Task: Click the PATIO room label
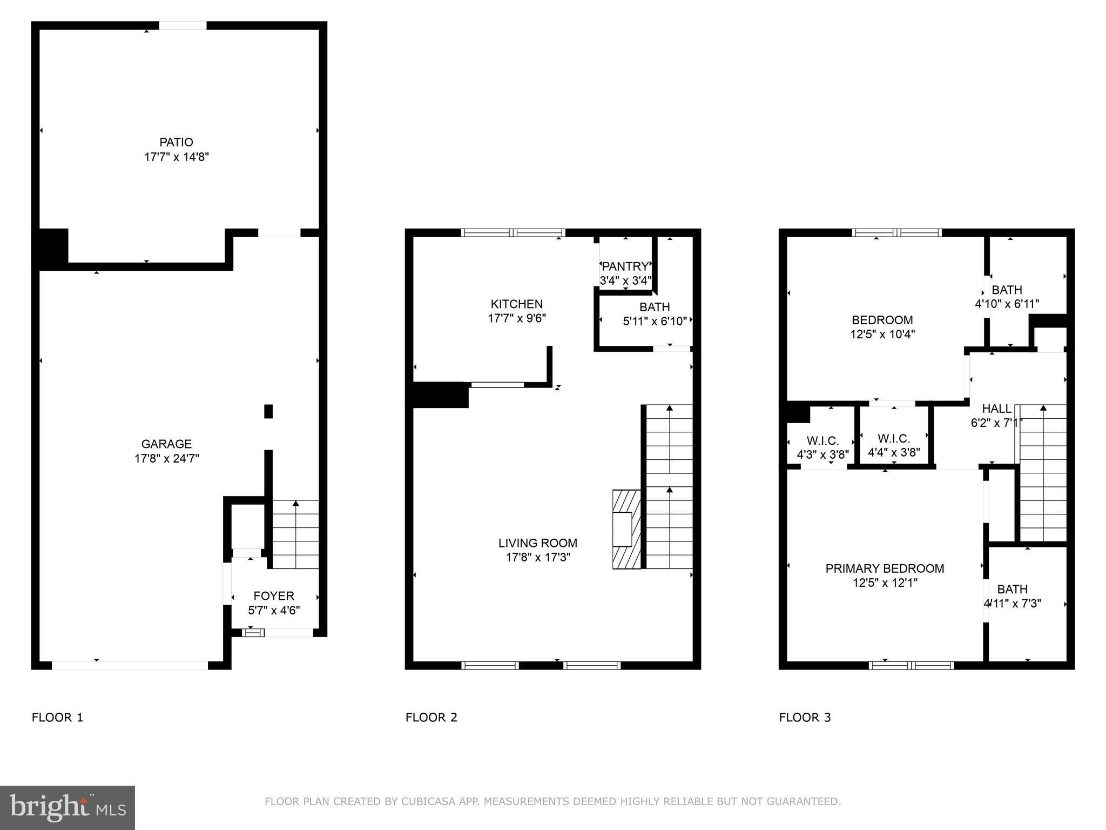coord(176,142)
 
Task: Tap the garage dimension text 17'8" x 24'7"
coord(166,459)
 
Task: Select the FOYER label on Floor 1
coord(274,595)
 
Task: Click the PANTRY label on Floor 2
coord(625,266)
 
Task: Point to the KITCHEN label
coord(516,304)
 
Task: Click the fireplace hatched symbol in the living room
coord(626,529)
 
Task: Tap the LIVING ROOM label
coord(537,543)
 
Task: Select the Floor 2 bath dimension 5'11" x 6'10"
coord(655,322)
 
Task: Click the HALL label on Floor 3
coord(996,409)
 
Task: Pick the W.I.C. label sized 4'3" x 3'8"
coord(822,441)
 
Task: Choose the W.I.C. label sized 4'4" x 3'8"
coord(893,438)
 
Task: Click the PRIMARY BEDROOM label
coord(885,568)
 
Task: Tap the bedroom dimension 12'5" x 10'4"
coord(882,334)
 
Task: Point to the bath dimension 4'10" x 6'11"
coord(1007,304)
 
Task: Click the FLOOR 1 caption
coord(57,718)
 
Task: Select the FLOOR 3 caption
coord(805,718)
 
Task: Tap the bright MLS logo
coord(68,807)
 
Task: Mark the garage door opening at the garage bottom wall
coord(130,665)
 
